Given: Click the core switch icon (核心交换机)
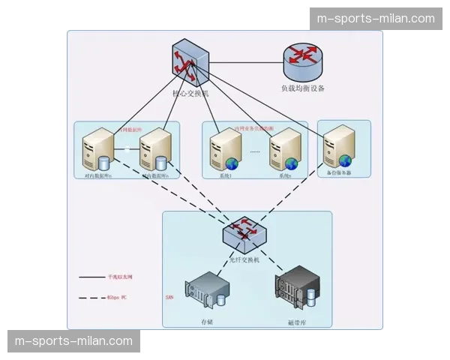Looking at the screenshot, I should click(189, 64).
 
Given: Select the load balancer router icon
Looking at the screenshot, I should click(302, 62).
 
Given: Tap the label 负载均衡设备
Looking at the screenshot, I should click(302, 88).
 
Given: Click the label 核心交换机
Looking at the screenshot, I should click(191, 94).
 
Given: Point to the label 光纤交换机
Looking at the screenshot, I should click(244, 259).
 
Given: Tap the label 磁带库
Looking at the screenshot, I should click(297, 322).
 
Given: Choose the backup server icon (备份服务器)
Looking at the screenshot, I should click(337, 149).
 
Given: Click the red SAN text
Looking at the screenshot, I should click(169, 297).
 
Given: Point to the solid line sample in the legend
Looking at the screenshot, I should click(92, 277).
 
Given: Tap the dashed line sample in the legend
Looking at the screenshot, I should click(92, 298).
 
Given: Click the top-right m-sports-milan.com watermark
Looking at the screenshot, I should click(376, 19).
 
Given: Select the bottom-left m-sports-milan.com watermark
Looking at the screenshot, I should click(73, 341).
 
